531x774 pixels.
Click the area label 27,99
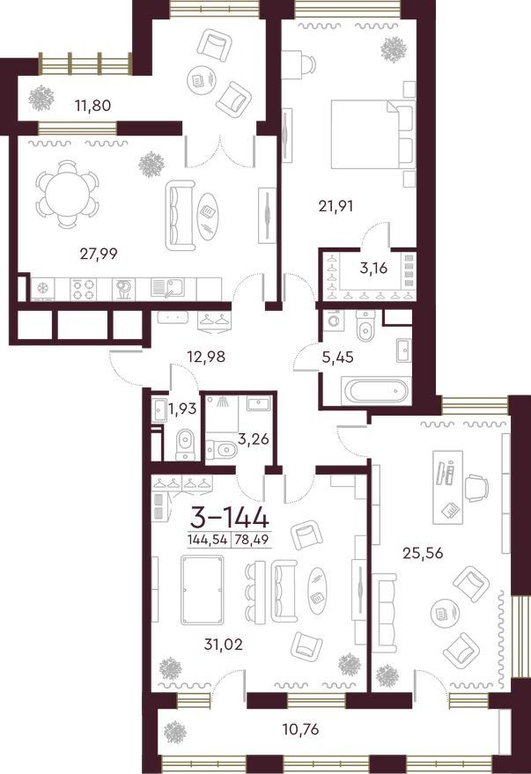pyautogui.click(x=99, y=254)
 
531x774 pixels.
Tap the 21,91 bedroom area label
pyautogui.click(x=336, y=205)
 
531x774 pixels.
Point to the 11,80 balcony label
pyautogui.click(x=92, y=105)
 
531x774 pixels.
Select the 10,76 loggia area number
pyautogui.click(x=300, y=728)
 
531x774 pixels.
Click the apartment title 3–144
pyautogui.click(x=230, y=518)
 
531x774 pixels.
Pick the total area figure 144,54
pyautogui.click(x=207, y=540)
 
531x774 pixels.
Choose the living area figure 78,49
pyautogui.click(x=252, y=540)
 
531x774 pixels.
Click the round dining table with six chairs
pyautogui.click(x=67, y=194)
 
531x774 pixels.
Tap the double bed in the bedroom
pyautogui.click(x=372, y=134)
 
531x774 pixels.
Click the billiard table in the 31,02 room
pyautogui.click(x=203, y=590)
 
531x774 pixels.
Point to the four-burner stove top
pyautogui.click(x=83, y=290)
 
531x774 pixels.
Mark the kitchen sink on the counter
pyautogui.click(x=167, y=288)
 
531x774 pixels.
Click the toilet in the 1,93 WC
pyautogui.click(x=186, y=443)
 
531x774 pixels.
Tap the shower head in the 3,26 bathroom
pyautogui.click(x=224, y=402)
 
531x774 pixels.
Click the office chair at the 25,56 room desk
pyautogui.click(x=476, y=488)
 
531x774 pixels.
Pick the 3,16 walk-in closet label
pyautogui.click(x=373, y=269)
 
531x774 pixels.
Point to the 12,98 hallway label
pyautogui.click(x=206, y=356)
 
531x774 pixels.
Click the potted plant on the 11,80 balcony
pyautogui.click(x=41, y=99)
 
